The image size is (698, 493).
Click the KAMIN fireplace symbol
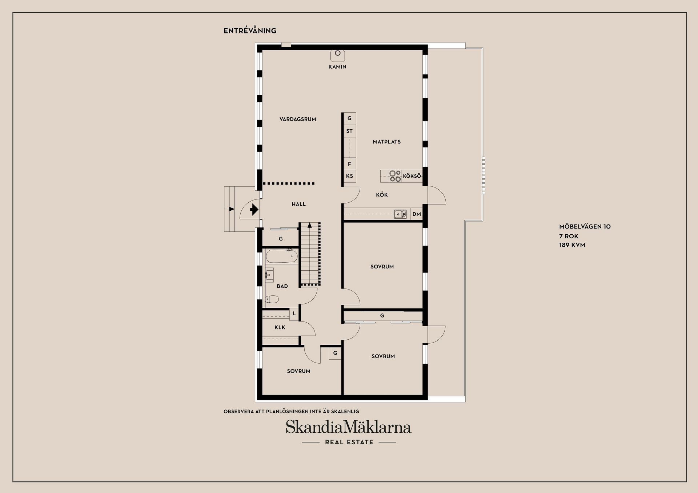tap(337, 55)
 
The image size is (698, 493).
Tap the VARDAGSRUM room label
tap(298, 119)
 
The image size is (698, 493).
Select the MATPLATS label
tap(387, 142)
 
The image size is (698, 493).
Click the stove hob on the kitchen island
tap(395, 176)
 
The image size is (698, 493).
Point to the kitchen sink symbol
tap(401, 214)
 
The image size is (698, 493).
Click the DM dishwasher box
tap(417, 214)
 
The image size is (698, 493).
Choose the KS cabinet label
tap(349, 176)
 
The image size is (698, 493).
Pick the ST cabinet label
tap(349, 131)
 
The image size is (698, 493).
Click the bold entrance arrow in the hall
tap(254, 210)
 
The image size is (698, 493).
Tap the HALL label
tap(298, 204)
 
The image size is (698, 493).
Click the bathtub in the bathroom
tap(282, 256)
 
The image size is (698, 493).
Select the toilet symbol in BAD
tap(272, 299)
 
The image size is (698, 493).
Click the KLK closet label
tap(280, 327)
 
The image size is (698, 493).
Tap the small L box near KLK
tap(294, 314)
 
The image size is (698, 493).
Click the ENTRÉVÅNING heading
tap(250, 31)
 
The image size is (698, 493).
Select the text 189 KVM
tap(572, 245)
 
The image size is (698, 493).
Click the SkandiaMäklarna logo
tap(348, 427)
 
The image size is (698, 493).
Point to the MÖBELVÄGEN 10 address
tap(585, 227)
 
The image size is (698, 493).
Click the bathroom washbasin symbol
tap(269, 275)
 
